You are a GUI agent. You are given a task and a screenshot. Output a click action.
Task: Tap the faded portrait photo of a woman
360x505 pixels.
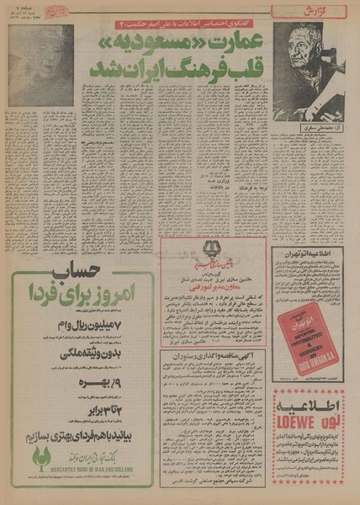click(41, 65)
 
